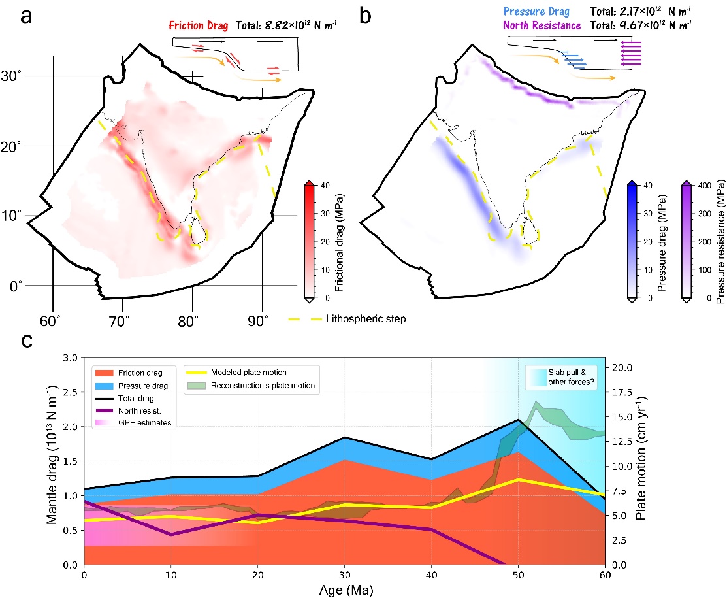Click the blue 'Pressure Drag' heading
pyautogui.click(x=541, y=12)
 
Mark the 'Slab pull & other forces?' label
pyautogui.click(x=570, y=377)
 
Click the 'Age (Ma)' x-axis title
pyautogui.click(x=345, y=588)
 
